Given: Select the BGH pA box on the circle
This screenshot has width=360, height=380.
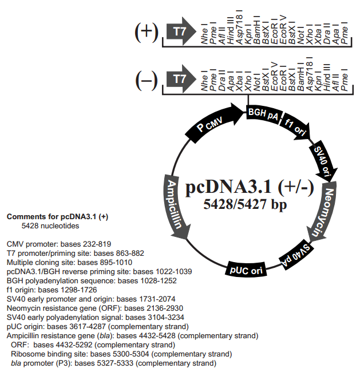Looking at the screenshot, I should click(x=264, y=116).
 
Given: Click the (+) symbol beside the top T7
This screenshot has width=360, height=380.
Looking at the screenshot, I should click(x=146, y=31).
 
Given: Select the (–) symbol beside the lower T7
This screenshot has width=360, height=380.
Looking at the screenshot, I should click(x=146, y=78).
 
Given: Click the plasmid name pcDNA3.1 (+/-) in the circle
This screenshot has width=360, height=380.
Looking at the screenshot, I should click(x=250, y=187).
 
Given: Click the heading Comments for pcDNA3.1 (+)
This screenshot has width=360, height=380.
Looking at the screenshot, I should click(x=57, y=217).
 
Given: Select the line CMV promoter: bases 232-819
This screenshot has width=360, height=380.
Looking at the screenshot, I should click(x=58, y=244).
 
